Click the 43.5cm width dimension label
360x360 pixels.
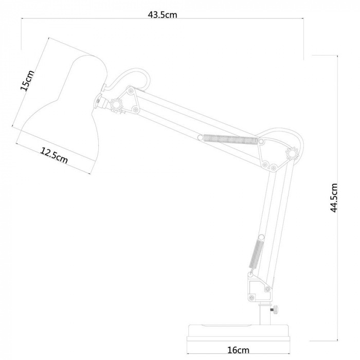click(x=163, y=15)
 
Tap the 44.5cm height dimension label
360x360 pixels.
click(x=334, y=198)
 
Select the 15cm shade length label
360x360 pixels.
click(x=27, y=81)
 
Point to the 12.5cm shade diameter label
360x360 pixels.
click(x=54, y=155)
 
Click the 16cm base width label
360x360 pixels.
click(x=238, y=350)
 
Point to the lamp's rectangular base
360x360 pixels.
click(x=238, y=333)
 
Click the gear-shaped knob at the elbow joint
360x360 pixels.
click(x=292, y=153)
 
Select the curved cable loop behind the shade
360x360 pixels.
click(x=129, y=77)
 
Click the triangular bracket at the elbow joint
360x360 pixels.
click(x=273, y=153)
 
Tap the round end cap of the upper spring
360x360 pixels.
click(x=200, y=137)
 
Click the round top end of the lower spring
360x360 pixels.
click(x=261, y=237)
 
